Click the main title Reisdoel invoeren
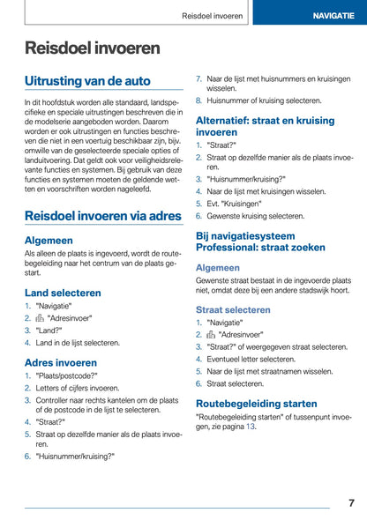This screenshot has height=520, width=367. pyautogui.click(x=93, y=48)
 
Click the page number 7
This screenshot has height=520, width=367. pyautogui.click(x=350, y=502)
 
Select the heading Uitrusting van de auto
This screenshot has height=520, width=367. pyautogui.click(x=87, y=81)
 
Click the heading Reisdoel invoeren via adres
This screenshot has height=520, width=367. pyautogui.click(x=103, y=215)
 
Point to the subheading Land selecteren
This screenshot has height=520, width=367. pyautogui.click(x=63, y=292)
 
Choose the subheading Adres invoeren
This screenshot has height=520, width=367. pyautogui.click(x=61, y=362)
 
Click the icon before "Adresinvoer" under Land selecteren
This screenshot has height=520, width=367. pyautogui.click(x=40, y=318)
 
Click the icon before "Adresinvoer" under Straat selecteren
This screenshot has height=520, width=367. pyautogui.click(x=211, y=335)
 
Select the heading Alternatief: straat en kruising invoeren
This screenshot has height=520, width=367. pyautogui.click(x=266, y=125)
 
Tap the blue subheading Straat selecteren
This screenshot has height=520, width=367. pyautogui.click(x=233, y=309)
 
